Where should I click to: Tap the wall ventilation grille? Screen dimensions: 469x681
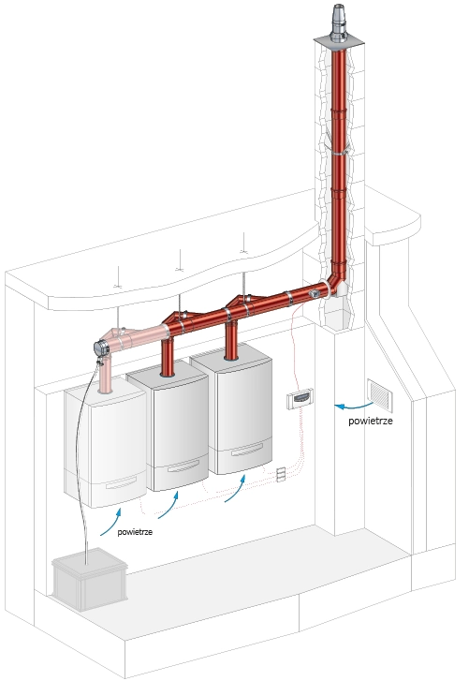coord(380,395)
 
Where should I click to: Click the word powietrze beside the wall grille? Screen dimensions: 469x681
coord(371,421)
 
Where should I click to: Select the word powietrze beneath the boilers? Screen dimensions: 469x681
coord(135,532)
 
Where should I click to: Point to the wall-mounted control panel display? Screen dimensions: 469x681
coord(300,398)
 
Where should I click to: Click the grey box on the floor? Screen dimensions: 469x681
coord(90,579)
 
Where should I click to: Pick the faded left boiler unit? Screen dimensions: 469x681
coord(106,448)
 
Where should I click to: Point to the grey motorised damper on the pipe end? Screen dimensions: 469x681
coord(101,348)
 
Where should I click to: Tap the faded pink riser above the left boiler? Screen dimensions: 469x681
coord(105,375)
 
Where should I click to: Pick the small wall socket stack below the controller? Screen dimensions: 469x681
coord(281,474)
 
